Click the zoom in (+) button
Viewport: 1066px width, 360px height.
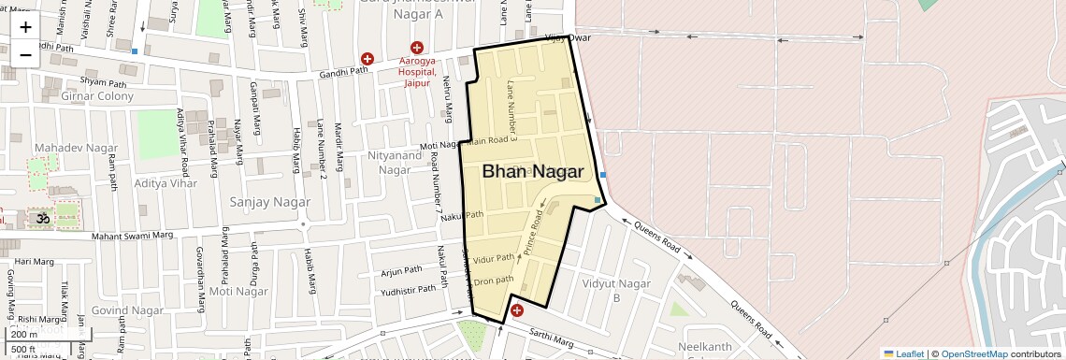point(25,27)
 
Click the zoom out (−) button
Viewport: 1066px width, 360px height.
point(25,54)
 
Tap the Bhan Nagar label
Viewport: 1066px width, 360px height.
point(533,172)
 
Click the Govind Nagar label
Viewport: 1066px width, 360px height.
point(128,310)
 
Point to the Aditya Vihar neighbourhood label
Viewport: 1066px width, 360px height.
point(166,183)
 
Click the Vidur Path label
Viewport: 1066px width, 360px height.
point(494,258)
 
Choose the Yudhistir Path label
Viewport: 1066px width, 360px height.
point(409,290)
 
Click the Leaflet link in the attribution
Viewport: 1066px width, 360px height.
point(904,353)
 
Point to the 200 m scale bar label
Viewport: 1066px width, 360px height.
point(24,334)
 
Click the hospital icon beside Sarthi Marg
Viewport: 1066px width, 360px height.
point(516,310)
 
